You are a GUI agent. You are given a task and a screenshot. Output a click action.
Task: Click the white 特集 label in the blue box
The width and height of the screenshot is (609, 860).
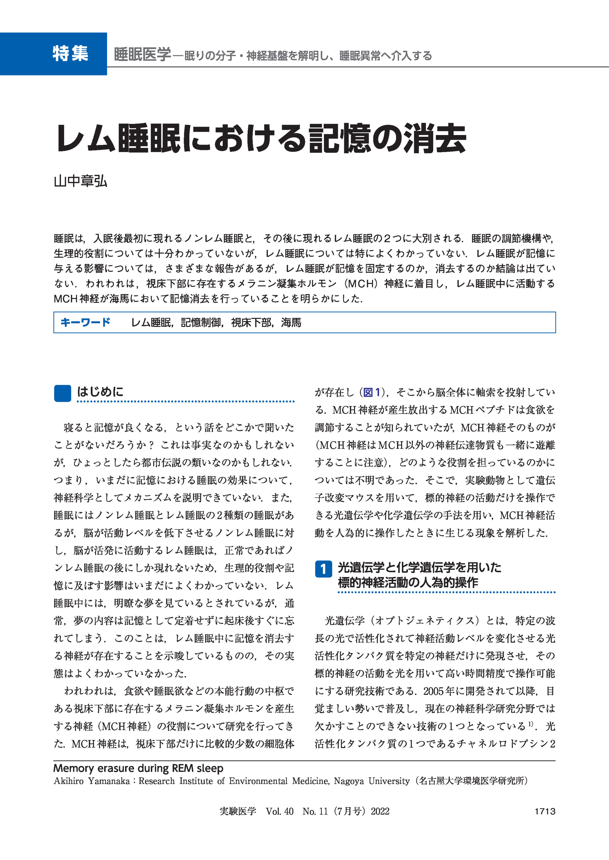[70, 54]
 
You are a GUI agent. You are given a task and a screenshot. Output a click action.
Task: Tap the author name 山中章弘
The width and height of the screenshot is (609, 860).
[81, 182]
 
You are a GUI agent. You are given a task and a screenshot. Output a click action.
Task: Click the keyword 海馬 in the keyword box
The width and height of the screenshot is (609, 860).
[291, 322]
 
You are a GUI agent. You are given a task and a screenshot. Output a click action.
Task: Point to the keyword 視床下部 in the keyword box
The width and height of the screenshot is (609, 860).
[251, 322]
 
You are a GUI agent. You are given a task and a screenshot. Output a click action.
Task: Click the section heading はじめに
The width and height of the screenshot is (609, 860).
[100, 392]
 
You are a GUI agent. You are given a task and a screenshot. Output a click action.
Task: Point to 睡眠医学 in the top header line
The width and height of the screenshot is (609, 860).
[143, 55]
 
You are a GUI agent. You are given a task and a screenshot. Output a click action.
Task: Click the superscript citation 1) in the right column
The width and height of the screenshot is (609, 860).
[531, 724]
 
